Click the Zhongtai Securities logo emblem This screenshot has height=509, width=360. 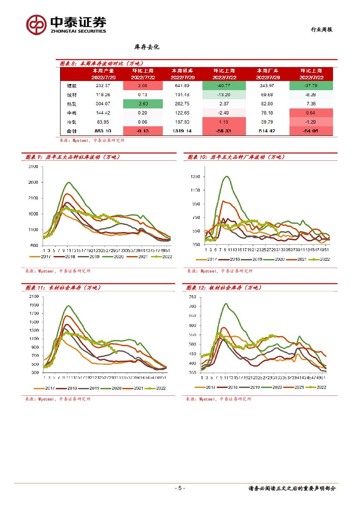point(36,24)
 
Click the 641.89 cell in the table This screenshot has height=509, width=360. point(182,85)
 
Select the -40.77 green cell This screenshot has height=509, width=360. point(224,85)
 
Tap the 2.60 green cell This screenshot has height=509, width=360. point(141,104)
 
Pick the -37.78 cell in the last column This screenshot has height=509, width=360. point(311,85)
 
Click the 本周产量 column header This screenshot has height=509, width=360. point(103,70)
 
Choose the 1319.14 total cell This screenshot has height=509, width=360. point(182,131)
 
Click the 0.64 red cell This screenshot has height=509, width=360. point(311,113)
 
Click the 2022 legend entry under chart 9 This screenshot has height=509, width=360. point(162,256)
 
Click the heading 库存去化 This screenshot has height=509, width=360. point(147,47)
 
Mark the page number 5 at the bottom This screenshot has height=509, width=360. point(180,488)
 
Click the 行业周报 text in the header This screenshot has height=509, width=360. point(321,30)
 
